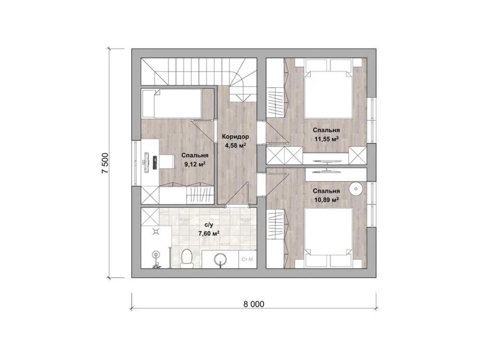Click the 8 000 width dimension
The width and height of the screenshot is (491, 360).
pyautogui.click(x=254, y=304)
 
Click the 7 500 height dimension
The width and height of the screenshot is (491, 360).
pyautogui.click(x=105, y=163)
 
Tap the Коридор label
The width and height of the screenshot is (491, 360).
pyautogui.click(x=235, y=136)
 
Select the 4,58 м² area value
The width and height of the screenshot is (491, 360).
pyautogui.click(x=235, y=145)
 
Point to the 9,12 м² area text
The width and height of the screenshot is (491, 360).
pyautogui.click(x=195, y=164)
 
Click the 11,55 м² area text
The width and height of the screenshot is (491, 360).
pyautogui.click(x=327, y=138)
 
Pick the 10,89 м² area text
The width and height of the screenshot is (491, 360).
pyautogui.click(x=326, y=199)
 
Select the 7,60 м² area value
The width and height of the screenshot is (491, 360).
pyautogui.click(x=209, y=233)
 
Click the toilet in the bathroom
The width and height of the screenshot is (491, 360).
pyautogui.click(x=187, y=259)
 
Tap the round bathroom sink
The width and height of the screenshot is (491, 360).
pyautogui.click(x=221, y=259)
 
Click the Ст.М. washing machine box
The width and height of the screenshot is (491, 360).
pyautogui.click(x=248, y=259)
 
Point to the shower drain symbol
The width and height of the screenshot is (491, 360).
pyautogui.click(x=156, y=232)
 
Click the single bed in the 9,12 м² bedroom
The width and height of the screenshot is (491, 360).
pyautogui.click(x=172, y=103)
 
